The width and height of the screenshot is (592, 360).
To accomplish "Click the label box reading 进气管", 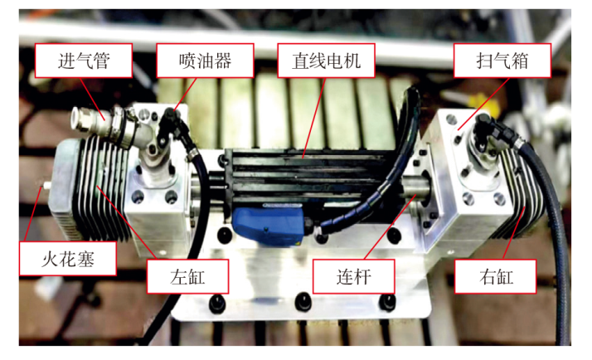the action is (84, 61).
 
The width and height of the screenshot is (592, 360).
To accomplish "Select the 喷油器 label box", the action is (205, 61).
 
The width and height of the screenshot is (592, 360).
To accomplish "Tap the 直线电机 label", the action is (326, 61).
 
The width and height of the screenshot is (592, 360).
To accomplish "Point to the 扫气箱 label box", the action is (502, 61).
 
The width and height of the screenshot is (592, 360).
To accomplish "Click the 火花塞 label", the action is (68, 259).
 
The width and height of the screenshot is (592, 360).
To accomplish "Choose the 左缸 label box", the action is (187, 276).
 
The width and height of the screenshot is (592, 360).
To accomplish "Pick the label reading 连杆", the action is (354, 276).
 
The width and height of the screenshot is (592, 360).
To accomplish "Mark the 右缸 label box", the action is (495, 276).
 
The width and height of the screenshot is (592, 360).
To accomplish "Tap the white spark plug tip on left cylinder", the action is (46, 186).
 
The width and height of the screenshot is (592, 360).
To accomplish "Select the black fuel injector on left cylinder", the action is (169, 124).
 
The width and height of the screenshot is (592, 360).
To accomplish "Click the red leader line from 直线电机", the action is (313, 118).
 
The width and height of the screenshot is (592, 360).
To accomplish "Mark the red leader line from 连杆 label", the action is (391, 227).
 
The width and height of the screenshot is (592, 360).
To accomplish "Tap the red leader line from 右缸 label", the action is (513, 233).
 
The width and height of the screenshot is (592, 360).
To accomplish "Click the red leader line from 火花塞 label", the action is (33, 214).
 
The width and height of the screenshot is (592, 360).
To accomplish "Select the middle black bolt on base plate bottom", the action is (303, 301).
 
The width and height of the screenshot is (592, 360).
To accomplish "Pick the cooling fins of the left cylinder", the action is (101, 189).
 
